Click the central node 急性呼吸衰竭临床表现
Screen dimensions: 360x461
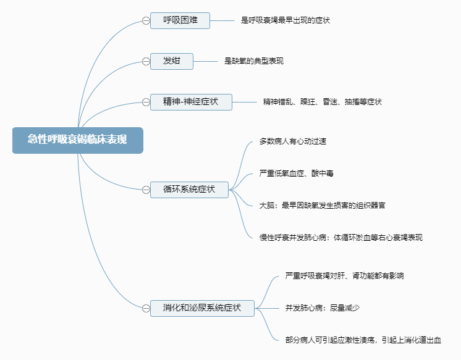tap(77, 140)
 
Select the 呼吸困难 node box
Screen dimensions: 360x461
tap(180, 20)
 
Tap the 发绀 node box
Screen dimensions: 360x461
tap(171, 61)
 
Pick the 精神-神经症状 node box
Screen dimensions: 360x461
tap(191, 102)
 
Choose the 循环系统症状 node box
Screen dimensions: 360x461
tap(189, 190)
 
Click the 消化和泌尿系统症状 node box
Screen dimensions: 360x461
tap(202, 308)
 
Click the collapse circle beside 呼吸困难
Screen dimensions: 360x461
tap(146, 20)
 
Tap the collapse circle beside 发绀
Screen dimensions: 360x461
tap(146, 61)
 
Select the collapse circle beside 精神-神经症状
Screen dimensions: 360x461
tap(146, 102)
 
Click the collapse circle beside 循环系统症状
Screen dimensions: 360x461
tap(146, 190)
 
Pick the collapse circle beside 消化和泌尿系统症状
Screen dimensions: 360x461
tap(146, 308)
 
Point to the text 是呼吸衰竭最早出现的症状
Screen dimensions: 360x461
tap(285, 20)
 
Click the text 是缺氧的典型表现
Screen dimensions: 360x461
tap(254, 61)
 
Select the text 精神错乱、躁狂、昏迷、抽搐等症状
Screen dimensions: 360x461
tap(322, 102)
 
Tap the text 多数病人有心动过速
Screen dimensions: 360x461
tap(293, 141)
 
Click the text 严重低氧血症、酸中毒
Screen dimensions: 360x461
tap(297, 174)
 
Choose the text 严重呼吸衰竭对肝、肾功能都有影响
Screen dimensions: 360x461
tap(344, 276)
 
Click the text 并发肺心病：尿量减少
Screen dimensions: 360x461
tap(323, 308)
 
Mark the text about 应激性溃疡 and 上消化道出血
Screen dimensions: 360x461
tap(363, 340)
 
